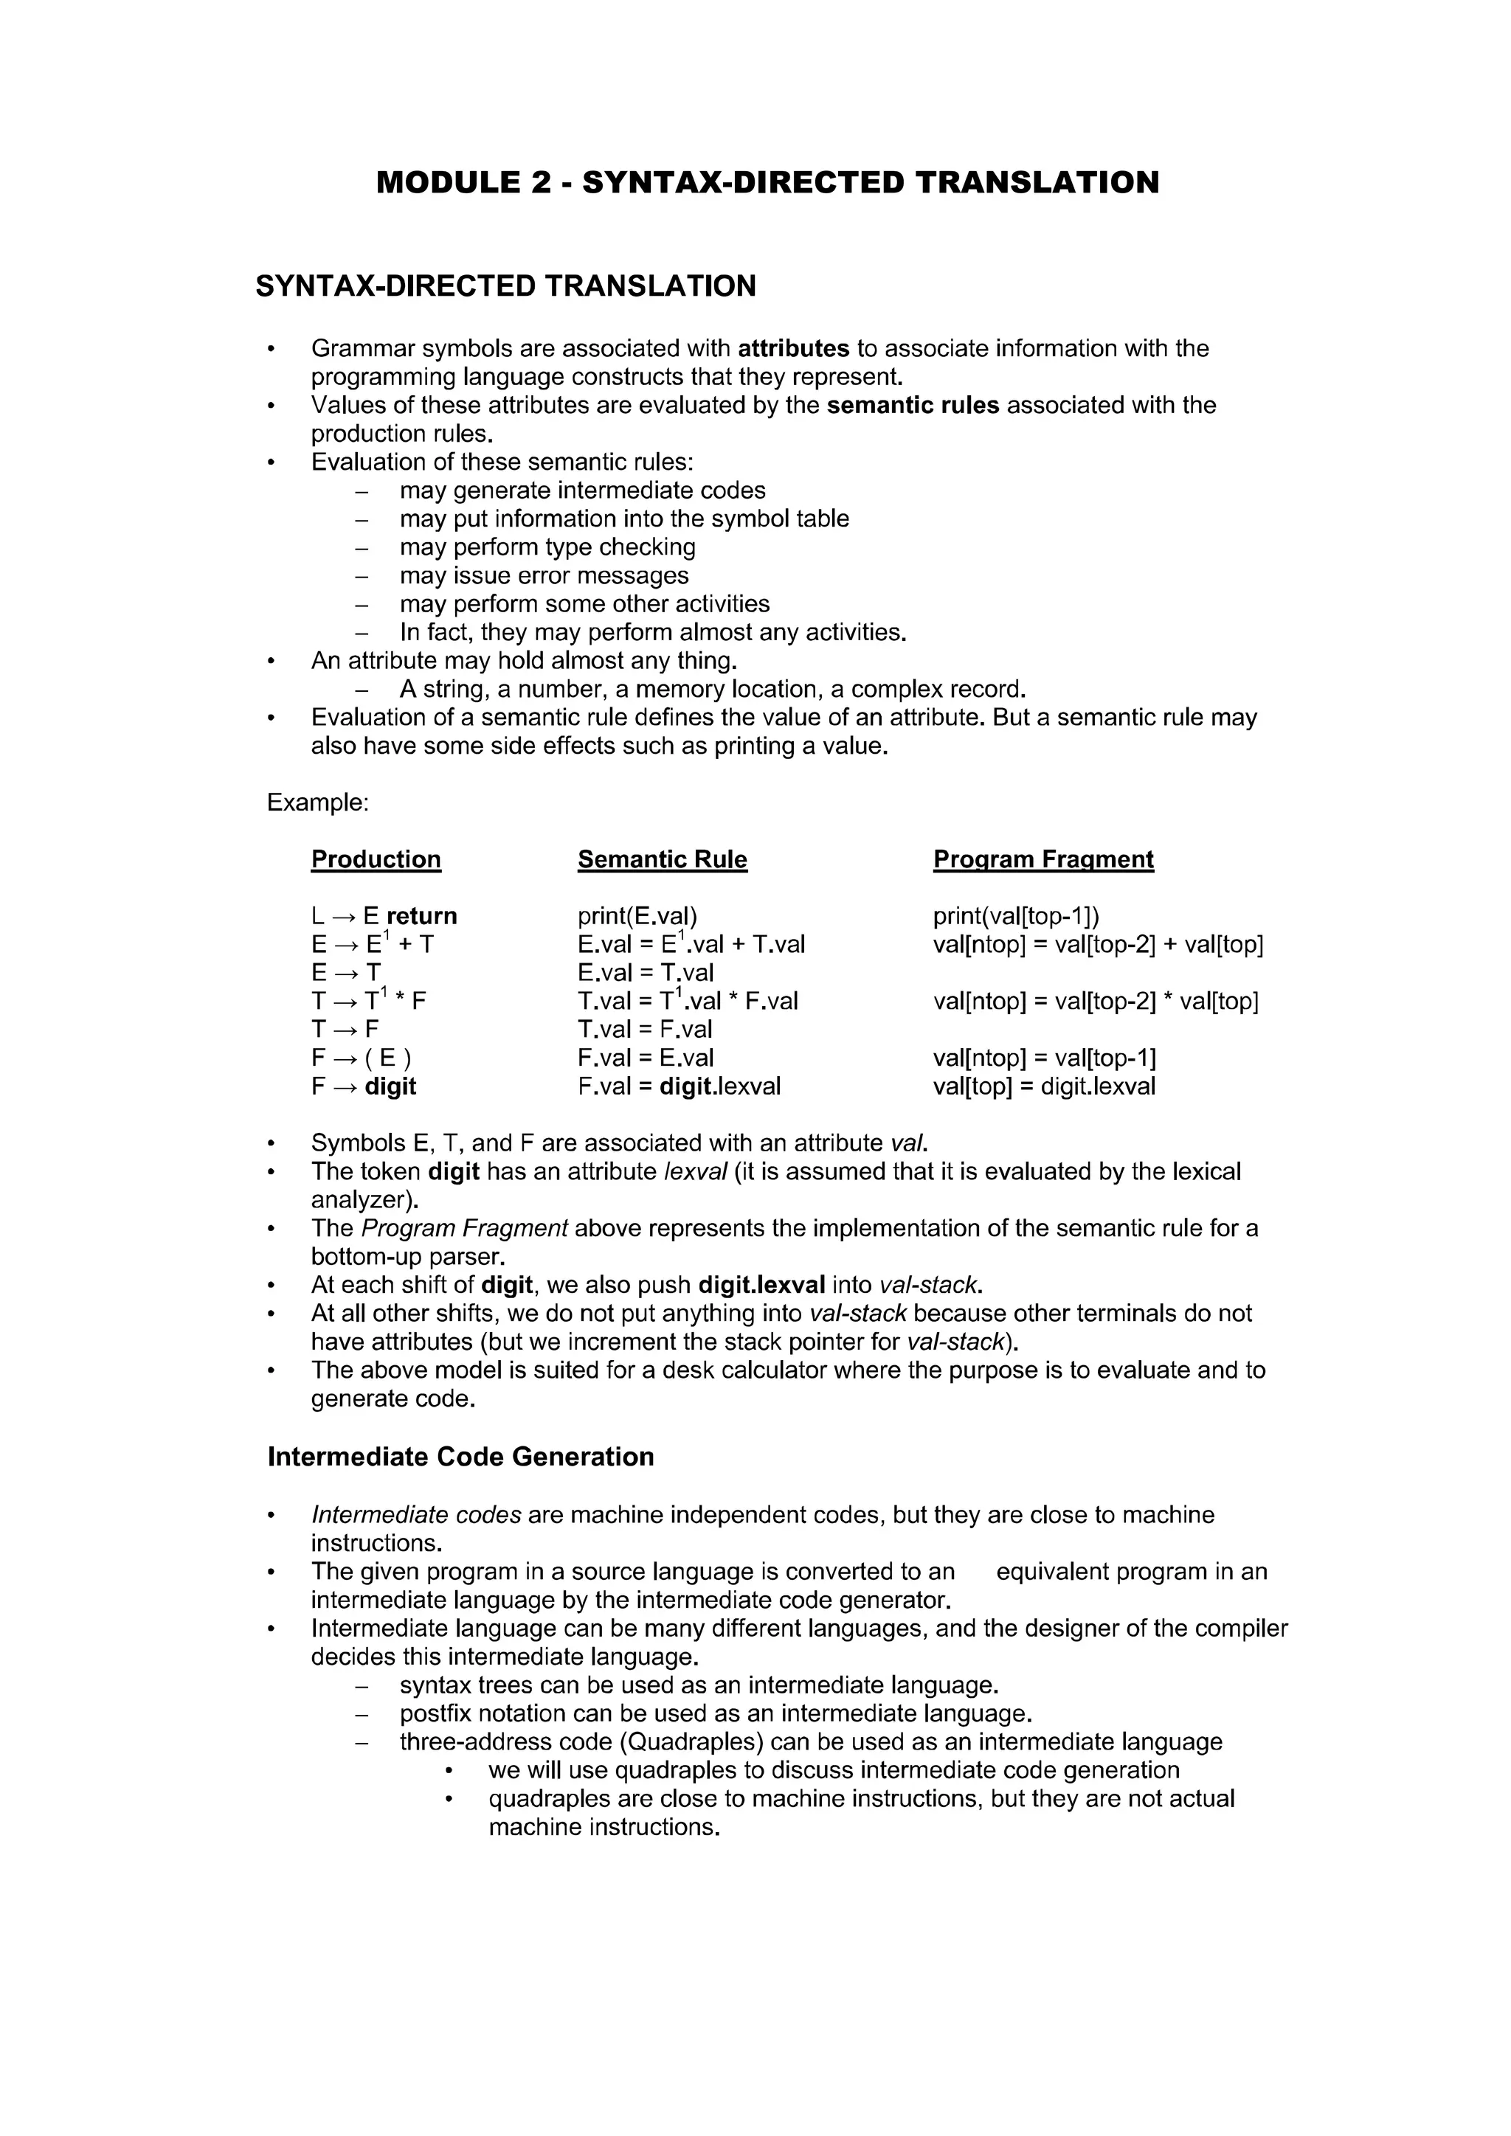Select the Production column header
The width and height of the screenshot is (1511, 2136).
pos(376,859)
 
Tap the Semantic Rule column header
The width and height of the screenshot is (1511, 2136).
pos(662,859)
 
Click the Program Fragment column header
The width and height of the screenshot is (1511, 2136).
pos(1043,859)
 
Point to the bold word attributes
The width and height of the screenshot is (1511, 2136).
pos(792,349)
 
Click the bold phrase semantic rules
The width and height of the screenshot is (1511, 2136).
pos(912,406)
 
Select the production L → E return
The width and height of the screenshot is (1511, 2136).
pos(384,916)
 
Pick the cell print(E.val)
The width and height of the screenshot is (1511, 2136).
pos(637,916)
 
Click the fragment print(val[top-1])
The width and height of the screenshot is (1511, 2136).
pos(1016,916)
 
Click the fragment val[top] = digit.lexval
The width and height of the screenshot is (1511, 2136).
pos(1044,1086)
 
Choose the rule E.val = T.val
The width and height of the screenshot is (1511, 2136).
pos(645,973)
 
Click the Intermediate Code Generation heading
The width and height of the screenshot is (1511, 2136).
pos(460,1457)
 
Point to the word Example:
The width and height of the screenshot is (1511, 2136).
pos(317,803)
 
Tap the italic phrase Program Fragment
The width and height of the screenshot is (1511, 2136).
pos(463,1229)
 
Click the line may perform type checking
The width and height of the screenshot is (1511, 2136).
pos(547,547)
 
